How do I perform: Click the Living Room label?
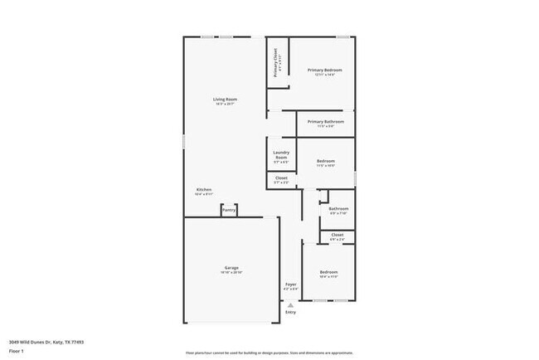[225, 100]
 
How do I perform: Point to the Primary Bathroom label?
[320, 122]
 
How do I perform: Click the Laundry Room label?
[280, 155]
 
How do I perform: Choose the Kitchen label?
[204, 190]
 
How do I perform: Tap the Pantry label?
[229, 211]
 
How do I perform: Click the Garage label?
[231, 268]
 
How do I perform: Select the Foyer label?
[291, 285]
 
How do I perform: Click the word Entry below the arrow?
[290, 312]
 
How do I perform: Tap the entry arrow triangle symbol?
[290, 304]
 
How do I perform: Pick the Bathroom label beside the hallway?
[337, 209]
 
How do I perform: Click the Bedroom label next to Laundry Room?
[325, 161]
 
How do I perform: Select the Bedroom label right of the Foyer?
[329, 272]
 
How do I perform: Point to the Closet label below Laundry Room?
[281, 178]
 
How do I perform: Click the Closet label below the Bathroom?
[337, 235]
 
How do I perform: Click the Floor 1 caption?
[17, 351]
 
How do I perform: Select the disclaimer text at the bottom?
[269, 353]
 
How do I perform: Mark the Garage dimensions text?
[231, 273]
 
